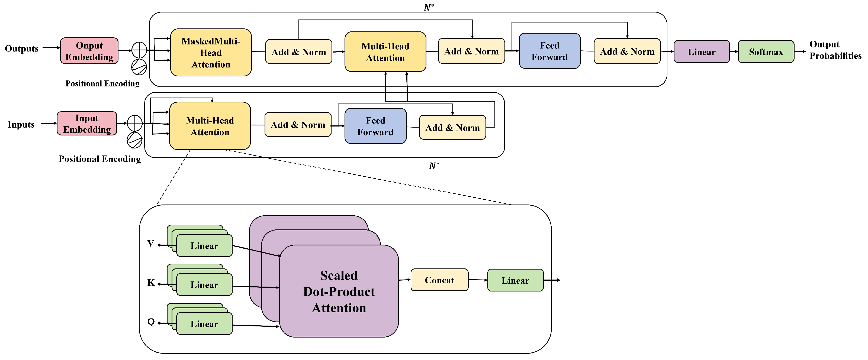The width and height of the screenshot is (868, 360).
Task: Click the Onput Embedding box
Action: coord(89,51)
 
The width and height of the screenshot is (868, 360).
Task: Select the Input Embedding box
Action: coord(87,124)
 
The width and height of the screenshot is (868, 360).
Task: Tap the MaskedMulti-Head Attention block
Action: coord(211,53)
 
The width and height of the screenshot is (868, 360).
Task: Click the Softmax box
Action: coord(766,52)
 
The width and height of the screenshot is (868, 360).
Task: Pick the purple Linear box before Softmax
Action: coord(702,52)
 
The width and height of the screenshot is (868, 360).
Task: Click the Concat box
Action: coord(439,280)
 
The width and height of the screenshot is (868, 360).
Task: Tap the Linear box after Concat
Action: coord(515,280)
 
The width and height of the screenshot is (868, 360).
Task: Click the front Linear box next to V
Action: coord(204,246)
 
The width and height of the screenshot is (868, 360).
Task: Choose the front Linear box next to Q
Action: coord(204,324)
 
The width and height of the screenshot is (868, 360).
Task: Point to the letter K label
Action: coord(151,283)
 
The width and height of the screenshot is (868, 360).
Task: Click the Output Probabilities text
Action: coord(835,50)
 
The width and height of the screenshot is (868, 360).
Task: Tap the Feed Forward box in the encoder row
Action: coord(375,126)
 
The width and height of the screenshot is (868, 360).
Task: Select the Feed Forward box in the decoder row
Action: coord(549,51)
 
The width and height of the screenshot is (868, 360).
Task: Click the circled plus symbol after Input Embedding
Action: coord(135,123)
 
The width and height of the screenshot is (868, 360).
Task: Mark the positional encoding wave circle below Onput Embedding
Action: coord(139,67)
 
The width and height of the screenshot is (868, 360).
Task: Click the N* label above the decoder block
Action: coord(429,7)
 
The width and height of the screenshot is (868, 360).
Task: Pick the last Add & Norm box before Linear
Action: coord(627,51)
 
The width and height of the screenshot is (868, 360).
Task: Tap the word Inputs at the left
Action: coord(21,125)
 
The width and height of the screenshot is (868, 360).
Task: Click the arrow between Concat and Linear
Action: coord(478,280)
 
